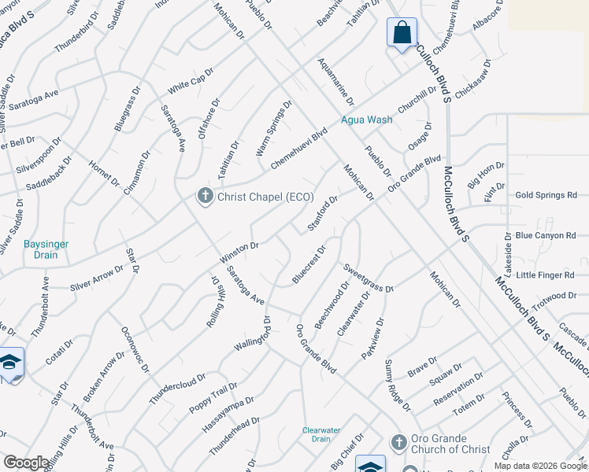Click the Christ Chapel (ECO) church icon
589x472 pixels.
coord(205,196)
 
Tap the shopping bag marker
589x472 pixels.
coord(402,33)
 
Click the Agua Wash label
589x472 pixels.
coord(366,120)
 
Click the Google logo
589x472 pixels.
coord(26,463)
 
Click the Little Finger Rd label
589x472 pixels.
coord(546,275)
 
